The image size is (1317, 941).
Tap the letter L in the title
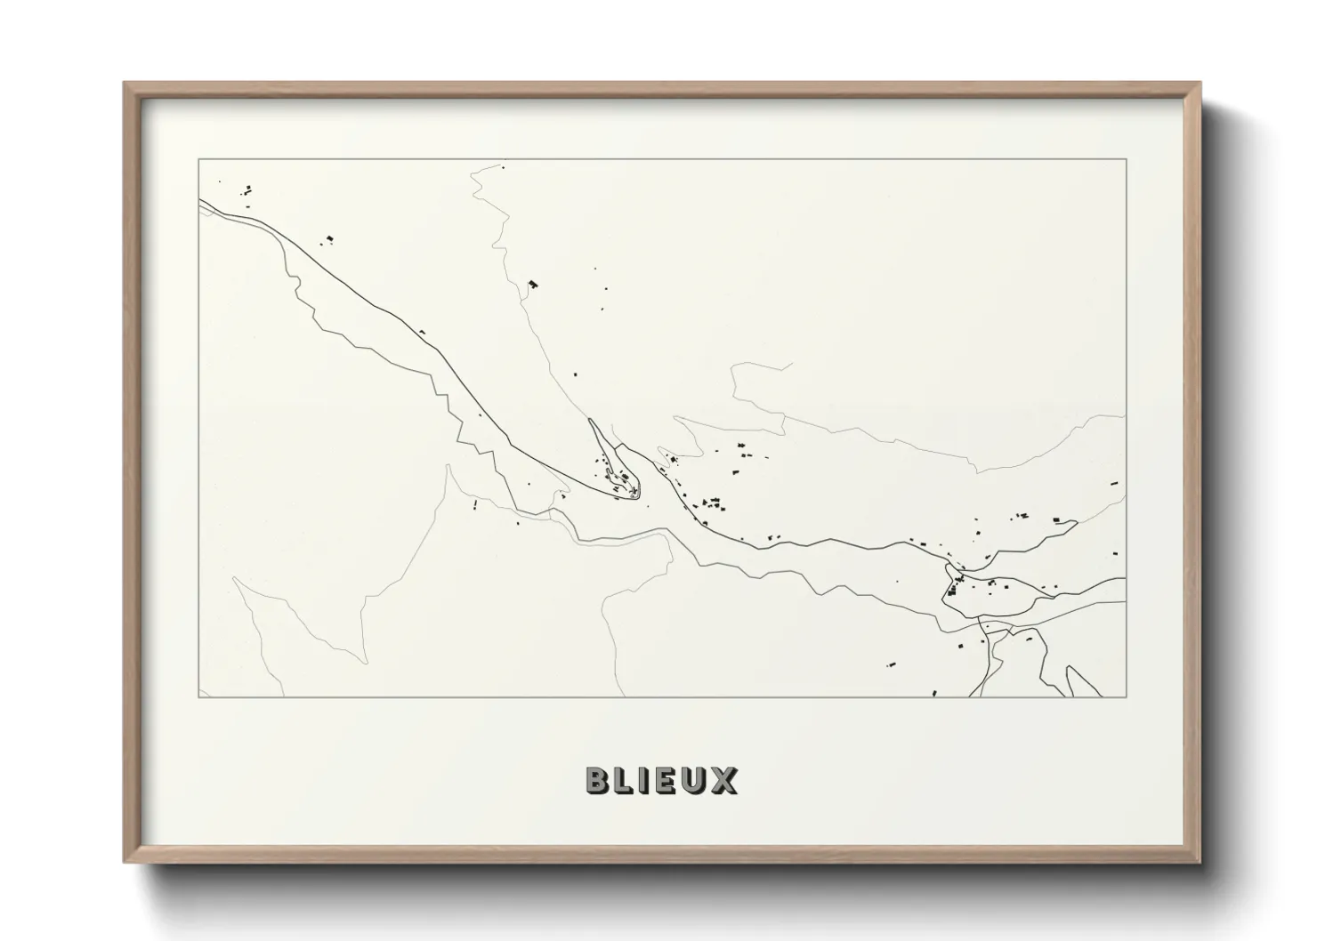tap(624, 780)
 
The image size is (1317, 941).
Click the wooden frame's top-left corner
tap(125, 84)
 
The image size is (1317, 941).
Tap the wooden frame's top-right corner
tap(1200, 84)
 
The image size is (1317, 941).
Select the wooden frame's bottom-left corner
tap(125, 862)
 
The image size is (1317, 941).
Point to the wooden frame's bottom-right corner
tap(1200, 862)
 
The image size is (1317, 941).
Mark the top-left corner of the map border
tap(198, 159)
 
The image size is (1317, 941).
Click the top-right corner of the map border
tap(1127, 159)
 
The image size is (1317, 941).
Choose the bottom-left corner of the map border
tap(198, 697)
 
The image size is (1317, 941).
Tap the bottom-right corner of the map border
tap(1127, 697)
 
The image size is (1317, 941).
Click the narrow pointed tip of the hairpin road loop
tap(591, 420)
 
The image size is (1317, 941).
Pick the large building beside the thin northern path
tap(534, 284)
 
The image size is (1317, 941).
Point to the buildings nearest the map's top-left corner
tap(247, 189)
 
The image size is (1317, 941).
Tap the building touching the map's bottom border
tap(934, 693)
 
